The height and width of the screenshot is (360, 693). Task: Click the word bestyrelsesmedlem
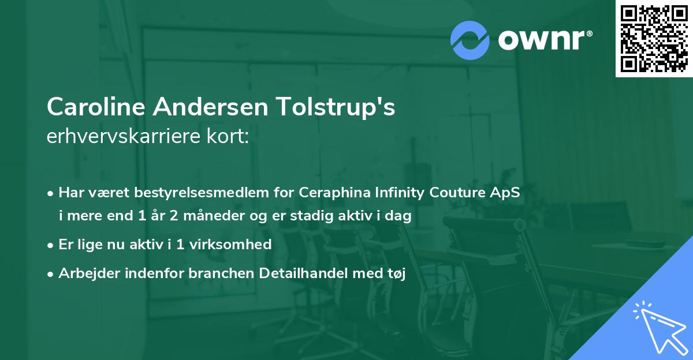coord(196,193)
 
